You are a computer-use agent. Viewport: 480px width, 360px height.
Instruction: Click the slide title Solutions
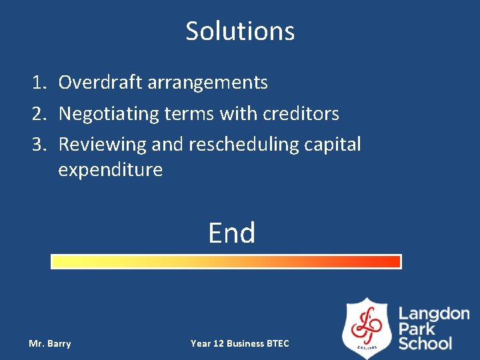(240, 31)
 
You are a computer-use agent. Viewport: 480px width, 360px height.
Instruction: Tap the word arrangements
(207, 83)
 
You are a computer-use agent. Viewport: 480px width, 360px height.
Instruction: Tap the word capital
(336, 145)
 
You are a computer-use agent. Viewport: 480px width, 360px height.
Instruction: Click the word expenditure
(110, 170)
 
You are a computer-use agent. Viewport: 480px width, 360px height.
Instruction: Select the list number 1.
(39, 83)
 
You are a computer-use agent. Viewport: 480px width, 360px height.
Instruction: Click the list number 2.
(39, 114)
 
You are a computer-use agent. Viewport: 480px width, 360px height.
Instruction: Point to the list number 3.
(39, 145)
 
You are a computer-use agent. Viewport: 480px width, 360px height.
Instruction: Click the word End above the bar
(231, 233)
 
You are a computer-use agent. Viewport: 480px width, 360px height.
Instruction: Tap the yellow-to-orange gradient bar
(226, 261)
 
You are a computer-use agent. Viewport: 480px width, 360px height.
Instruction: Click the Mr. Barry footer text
(50, 344)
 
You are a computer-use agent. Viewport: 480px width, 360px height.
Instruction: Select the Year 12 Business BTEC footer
(240, 344)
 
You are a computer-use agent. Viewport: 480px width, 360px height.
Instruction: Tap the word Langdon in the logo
(433, 314)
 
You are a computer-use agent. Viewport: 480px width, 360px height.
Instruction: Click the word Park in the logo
(417, 329)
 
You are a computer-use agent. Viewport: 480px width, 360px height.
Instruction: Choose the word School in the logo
(425, 344)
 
